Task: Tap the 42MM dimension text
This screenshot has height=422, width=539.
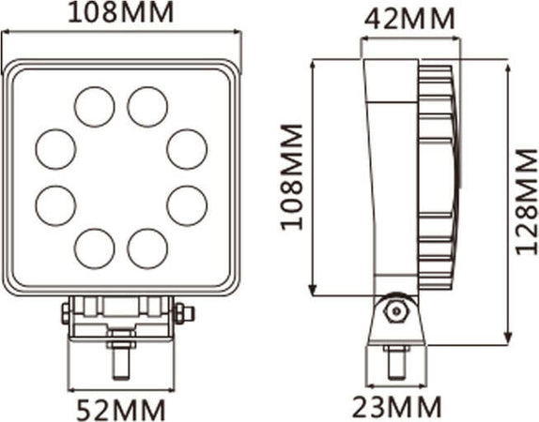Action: pyautogui.click(x=411, y=18)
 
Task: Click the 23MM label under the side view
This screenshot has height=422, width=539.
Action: pyautogui.click(x=398, y=407)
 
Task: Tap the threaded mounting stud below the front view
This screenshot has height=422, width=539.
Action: pyautogui.click(x=120, y=359)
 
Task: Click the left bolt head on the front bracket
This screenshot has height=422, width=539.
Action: pyautogui.click(x=66, y=312)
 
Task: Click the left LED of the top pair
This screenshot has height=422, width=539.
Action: pyautogui.click(x=94, y=107)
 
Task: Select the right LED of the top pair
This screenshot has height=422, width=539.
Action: pyautogui.click(x=147, y=107)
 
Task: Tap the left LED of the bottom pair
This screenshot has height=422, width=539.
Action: pyautogui.click(x=94, y=248)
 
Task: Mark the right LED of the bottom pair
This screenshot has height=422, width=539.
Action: pyautogui.click(x=147, y=248)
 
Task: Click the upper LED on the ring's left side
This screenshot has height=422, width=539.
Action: pyautogui.click(x=55, y=148)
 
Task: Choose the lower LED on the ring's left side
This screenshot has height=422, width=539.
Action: pyautogui.click(x=55, y=205)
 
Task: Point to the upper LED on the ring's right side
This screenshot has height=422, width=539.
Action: pyautogui.click(x=187, y=148)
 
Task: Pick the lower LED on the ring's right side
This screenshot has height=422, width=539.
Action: pyautogui.click(x=187, y=205)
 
